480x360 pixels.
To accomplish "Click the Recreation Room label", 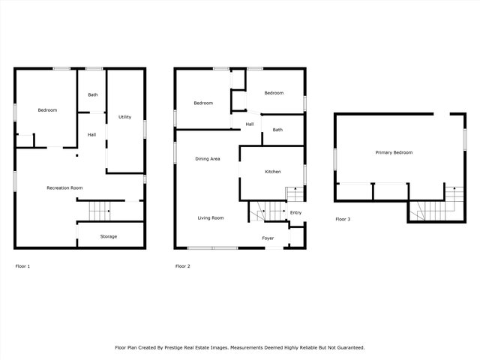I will pyautogui.click(x=64, y=187).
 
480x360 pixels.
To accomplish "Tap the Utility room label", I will pyautogui.click(x=124, y=117).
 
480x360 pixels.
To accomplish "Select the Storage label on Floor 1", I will pyautogui.click(x=109, y=236).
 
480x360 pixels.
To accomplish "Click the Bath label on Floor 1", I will pyautogui.click(x=93, y=94).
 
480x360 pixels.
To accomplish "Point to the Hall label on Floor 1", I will pyautogui.click(x=91, y=135).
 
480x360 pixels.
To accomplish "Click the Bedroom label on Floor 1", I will pyautogui.click(x=47, y=110).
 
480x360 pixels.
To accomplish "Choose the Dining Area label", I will pyautogui.click(x=207, y=159).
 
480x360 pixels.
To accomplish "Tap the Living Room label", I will pyautogui.click(x=211, y=218).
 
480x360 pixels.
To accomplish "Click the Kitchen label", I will pyautogui.click(x=273, y=172).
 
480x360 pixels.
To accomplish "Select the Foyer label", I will pyautogui.click(x=268, y=238).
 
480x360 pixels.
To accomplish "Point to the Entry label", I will pyautogui.click(x=295, y=212).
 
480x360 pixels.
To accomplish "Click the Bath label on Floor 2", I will pyautogui.click(x=277, y=130).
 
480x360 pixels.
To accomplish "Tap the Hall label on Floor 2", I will pyautogui.click(x=250, y=124).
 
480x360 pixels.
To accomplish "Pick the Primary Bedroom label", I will pyautogui.click(x=394, y=152).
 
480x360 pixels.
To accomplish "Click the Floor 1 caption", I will pyautogui.click(x=22, y=266).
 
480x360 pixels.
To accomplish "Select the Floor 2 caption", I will pyautogui.click(x=182, y=266).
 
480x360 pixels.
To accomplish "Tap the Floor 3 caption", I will pyautogui.click(x=343, y=219).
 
